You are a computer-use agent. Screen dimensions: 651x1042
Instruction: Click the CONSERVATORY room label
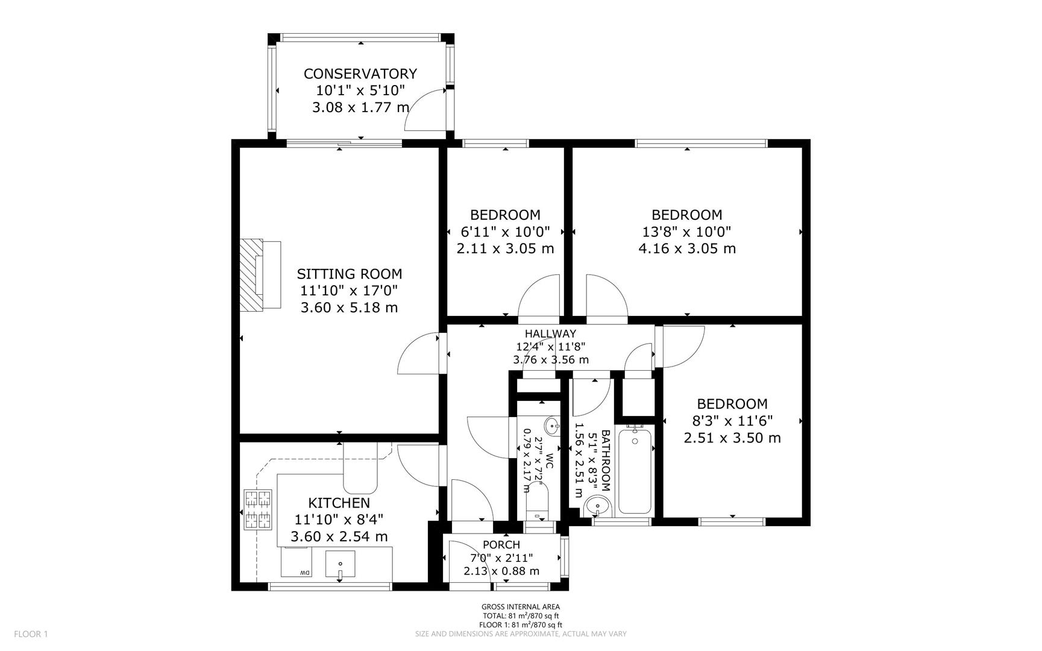tap(360, 74)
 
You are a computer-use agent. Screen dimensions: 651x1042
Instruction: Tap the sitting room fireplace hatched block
tap(251, 275)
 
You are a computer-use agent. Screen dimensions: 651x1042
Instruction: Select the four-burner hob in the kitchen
tap(258, 510)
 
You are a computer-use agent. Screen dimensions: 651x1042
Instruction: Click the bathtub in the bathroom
tap(635, 470)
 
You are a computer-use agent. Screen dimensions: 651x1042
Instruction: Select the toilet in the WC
tap(537, 503)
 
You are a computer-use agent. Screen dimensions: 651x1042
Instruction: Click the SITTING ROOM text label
tap(349, 274)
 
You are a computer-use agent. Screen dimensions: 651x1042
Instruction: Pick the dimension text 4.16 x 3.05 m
tap(686, 248)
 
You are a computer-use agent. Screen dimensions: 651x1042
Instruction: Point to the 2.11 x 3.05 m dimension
tap(505, 248)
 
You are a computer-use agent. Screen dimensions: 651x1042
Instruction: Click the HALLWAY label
tap(550, 333)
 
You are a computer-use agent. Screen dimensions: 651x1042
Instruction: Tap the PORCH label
tap(501, 544)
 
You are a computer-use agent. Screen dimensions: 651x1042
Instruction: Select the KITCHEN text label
tap(339, 503)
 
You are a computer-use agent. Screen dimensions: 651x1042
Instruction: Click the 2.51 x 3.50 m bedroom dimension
tap(732, 438)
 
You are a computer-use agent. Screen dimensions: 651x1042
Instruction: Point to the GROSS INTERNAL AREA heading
tap(520, 607)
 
